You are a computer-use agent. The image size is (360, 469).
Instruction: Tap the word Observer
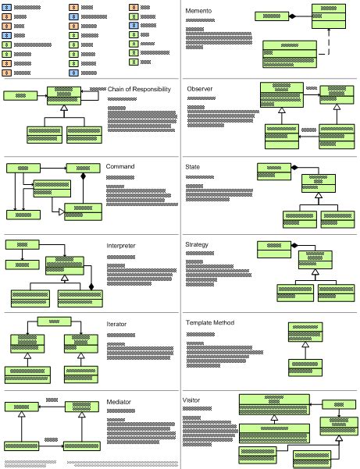pos(200,89)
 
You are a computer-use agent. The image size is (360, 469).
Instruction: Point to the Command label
pos(120,167)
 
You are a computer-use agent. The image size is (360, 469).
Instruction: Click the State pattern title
pos(192,167)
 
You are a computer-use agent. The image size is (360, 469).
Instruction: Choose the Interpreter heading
pos(121,246)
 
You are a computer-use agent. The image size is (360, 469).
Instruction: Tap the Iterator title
pos(116,323)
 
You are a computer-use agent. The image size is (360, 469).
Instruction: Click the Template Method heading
pos(210,322)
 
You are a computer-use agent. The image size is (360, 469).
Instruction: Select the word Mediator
pos(119,402)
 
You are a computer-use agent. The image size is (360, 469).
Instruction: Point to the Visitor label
pos(191,400)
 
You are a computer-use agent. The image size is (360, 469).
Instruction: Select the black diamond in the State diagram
pos(295,168)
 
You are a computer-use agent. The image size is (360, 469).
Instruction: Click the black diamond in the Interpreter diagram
pos(91,287)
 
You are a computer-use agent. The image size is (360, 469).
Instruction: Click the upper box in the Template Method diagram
pos(305,332)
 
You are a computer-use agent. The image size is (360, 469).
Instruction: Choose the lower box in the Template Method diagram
pos(305,368)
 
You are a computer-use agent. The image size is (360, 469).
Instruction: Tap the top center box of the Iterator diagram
pos(54,322)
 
